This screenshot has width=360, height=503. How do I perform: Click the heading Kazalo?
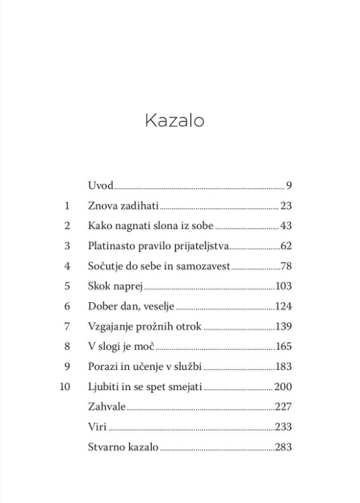coord(174,121)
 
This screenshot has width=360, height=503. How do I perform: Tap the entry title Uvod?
coord(101,185)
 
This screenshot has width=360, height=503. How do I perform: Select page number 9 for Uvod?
coord(288,185)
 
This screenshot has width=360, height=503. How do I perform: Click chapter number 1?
coord(67,205)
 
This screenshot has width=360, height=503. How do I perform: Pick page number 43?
coord(286,226)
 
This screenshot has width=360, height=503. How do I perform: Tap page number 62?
coord(286,246)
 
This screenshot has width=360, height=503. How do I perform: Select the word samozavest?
coord(203,266)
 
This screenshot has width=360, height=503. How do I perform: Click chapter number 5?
coord(67,286)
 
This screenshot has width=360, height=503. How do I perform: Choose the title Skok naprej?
coord(115,286)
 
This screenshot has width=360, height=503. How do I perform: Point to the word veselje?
coord(156,306)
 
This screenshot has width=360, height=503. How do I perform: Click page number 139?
coord(283,326)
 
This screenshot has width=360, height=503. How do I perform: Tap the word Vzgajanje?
coord(111,326)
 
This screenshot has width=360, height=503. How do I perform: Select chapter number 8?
coord(67,347)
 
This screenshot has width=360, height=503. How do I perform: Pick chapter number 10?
coord(65,387)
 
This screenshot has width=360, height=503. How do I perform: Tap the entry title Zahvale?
coord(107,407)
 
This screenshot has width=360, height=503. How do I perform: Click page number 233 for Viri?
coord(283,427)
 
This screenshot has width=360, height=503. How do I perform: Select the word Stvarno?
coord(105,447)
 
